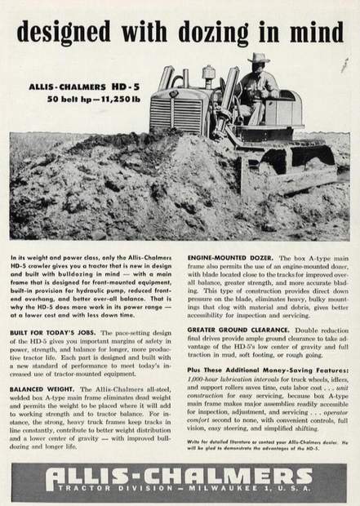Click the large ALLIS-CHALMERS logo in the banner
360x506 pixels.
pos(180,476)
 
